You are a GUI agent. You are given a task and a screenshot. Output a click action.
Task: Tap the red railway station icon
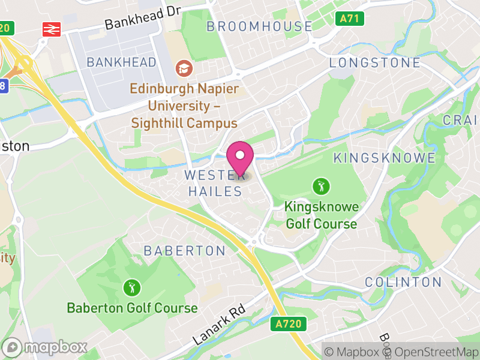[52, 29]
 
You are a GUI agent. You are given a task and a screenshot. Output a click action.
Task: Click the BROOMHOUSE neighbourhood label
[259, 26]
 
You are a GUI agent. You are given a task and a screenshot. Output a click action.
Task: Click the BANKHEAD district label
[121, 62]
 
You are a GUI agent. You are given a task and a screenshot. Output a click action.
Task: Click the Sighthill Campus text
[185, 123]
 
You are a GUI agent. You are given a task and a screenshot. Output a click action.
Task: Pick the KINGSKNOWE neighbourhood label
[384, 158]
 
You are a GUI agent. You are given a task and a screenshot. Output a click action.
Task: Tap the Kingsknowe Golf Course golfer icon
[321, 186]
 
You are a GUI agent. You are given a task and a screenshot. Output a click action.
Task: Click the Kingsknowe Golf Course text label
[321, 215]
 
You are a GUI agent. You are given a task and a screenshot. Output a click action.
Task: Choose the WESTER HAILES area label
[214, 184]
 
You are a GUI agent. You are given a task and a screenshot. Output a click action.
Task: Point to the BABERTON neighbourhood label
[184, 251]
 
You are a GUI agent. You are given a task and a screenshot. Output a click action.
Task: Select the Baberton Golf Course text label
[132, 308]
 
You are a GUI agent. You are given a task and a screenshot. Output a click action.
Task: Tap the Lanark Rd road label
[220, 323]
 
